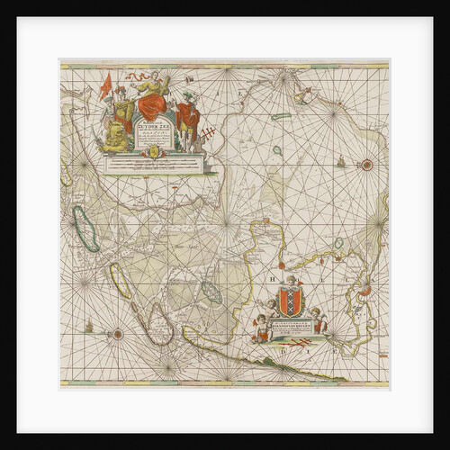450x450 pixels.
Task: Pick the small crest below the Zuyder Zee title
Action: (152, 152)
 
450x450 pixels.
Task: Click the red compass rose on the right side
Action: (366, 164)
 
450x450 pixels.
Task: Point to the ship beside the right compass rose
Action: (342, 164)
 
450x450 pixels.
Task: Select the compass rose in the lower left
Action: (116, 335)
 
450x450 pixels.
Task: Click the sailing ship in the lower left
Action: (88, 324)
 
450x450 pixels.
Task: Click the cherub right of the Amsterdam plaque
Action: (317, 321)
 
